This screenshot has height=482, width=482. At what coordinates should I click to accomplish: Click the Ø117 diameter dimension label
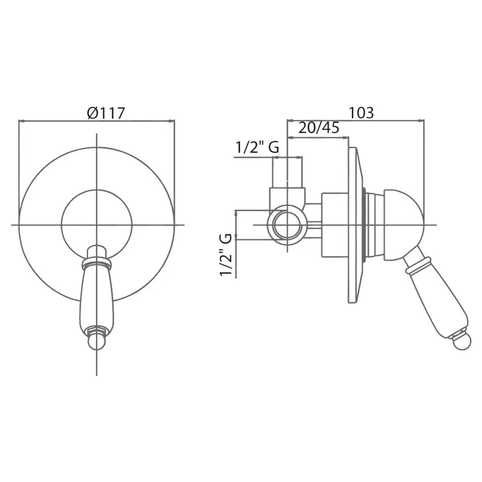pyautogui.click(x=106, y=113)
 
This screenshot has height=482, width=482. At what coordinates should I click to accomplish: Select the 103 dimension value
pyautogui.click(x=361, y=112)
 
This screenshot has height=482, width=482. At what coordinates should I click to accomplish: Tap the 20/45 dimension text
pyautogui.click(x=319, y=127)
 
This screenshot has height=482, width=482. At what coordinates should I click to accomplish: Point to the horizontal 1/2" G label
pyautogui.click(x=257, y=147)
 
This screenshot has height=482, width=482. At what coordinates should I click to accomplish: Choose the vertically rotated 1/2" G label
pyautogui.click(x=226, y=255)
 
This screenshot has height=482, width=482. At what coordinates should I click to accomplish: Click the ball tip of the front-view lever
pyautogui.click(x=97, y=342)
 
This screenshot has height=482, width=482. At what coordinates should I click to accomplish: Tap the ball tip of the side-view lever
pyautogui.click(x=462, y=341)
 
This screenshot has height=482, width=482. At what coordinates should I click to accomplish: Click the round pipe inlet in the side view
pyautogui.click(x=288, y=225)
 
